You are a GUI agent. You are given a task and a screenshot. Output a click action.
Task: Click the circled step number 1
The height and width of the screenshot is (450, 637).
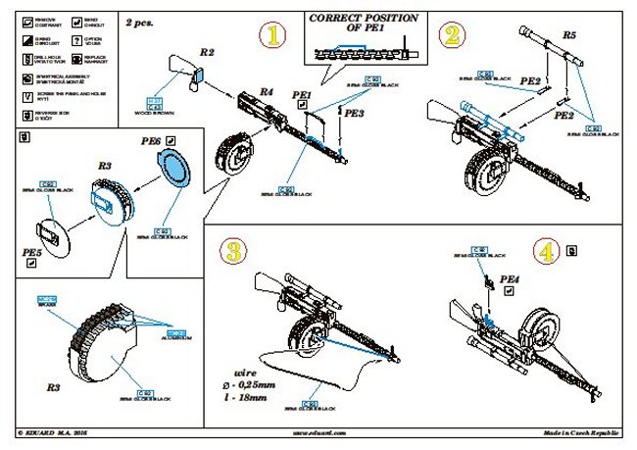click(x=274, y=37)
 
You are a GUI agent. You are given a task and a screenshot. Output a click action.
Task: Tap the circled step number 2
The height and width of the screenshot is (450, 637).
click(x=451, y=37)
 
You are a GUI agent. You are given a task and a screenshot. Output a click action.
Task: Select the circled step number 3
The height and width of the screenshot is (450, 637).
click(x=232, y=250)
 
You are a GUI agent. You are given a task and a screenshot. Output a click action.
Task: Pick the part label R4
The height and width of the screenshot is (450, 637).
click(x=265, y=91)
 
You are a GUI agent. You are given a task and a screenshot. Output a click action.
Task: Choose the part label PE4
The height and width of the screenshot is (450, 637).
click(x=508, y=280)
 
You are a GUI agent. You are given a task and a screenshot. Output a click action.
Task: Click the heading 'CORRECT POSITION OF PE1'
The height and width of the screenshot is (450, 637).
click(x=350, y=25)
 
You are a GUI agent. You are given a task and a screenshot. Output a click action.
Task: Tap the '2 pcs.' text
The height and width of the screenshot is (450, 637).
click(x=138, y=21)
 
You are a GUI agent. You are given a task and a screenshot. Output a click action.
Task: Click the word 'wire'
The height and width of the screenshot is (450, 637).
click(x=245, y=373)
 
